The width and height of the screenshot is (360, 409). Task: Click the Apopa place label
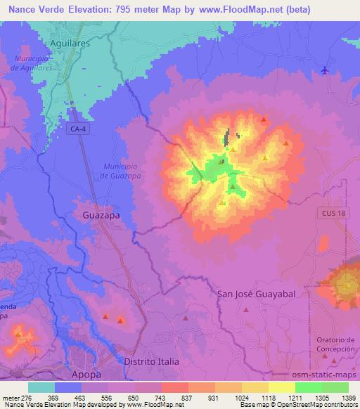tap(89, 375)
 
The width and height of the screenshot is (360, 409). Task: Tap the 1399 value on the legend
tap(348, 398)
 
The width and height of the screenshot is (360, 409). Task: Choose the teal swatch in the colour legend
tap(41, 387)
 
